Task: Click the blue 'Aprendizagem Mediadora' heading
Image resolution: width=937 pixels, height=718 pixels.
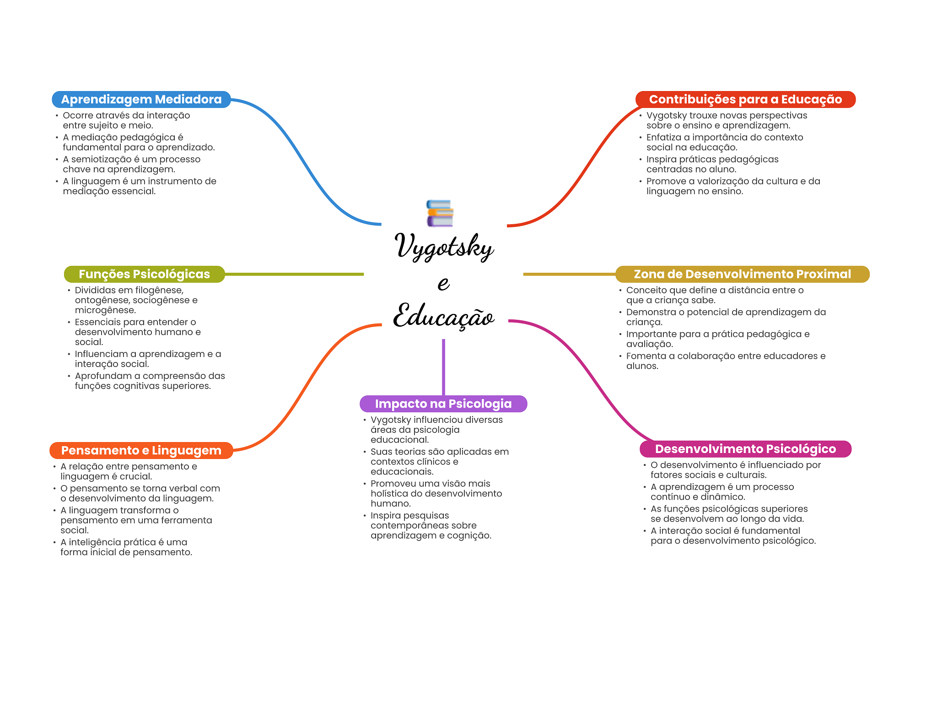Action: [141, 99]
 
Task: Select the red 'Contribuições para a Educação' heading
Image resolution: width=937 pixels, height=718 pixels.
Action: [745, 99]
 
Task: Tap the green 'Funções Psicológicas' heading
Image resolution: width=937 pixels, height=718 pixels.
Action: [144, 274]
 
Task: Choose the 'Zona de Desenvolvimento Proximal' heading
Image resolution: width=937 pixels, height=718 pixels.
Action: [742, 274]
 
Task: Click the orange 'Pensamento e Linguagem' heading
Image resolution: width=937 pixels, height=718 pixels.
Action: [141, 450]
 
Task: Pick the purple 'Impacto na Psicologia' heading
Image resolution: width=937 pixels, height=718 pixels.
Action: [443, 404]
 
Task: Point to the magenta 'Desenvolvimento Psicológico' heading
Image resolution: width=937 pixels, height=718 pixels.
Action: [745, 449]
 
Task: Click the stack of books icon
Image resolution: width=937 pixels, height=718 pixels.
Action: [440, 213]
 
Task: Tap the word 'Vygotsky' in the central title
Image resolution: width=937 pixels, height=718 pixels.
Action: [444, 247]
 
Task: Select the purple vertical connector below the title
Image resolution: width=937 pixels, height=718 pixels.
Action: [443, 366]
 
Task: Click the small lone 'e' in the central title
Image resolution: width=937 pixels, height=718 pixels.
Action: [443, 283]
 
